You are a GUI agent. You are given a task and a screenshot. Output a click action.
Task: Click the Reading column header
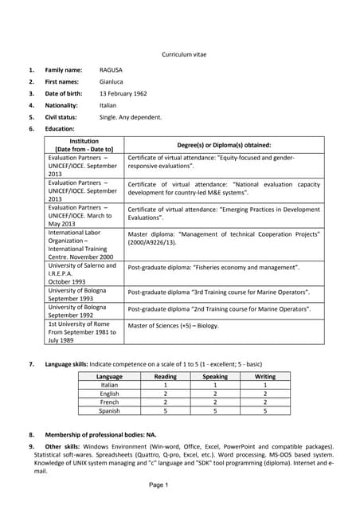pyautogui.click(x=165, y=376)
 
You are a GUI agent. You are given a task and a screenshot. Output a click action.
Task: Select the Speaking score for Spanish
pyautogui.click(x=214, y=411)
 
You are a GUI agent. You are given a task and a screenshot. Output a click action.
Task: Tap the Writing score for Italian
pyautogui.click(x=264, y=385)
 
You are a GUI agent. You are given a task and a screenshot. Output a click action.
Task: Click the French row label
pyautogui.click(x=109, y=402)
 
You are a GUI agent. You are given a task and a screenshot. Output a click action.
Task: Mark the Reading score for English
pyautogui.click(x=165, y=394)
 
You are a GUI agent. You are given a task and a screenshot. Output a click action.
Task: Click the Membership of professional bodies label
pyautogui.click(x=88, y=435)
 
